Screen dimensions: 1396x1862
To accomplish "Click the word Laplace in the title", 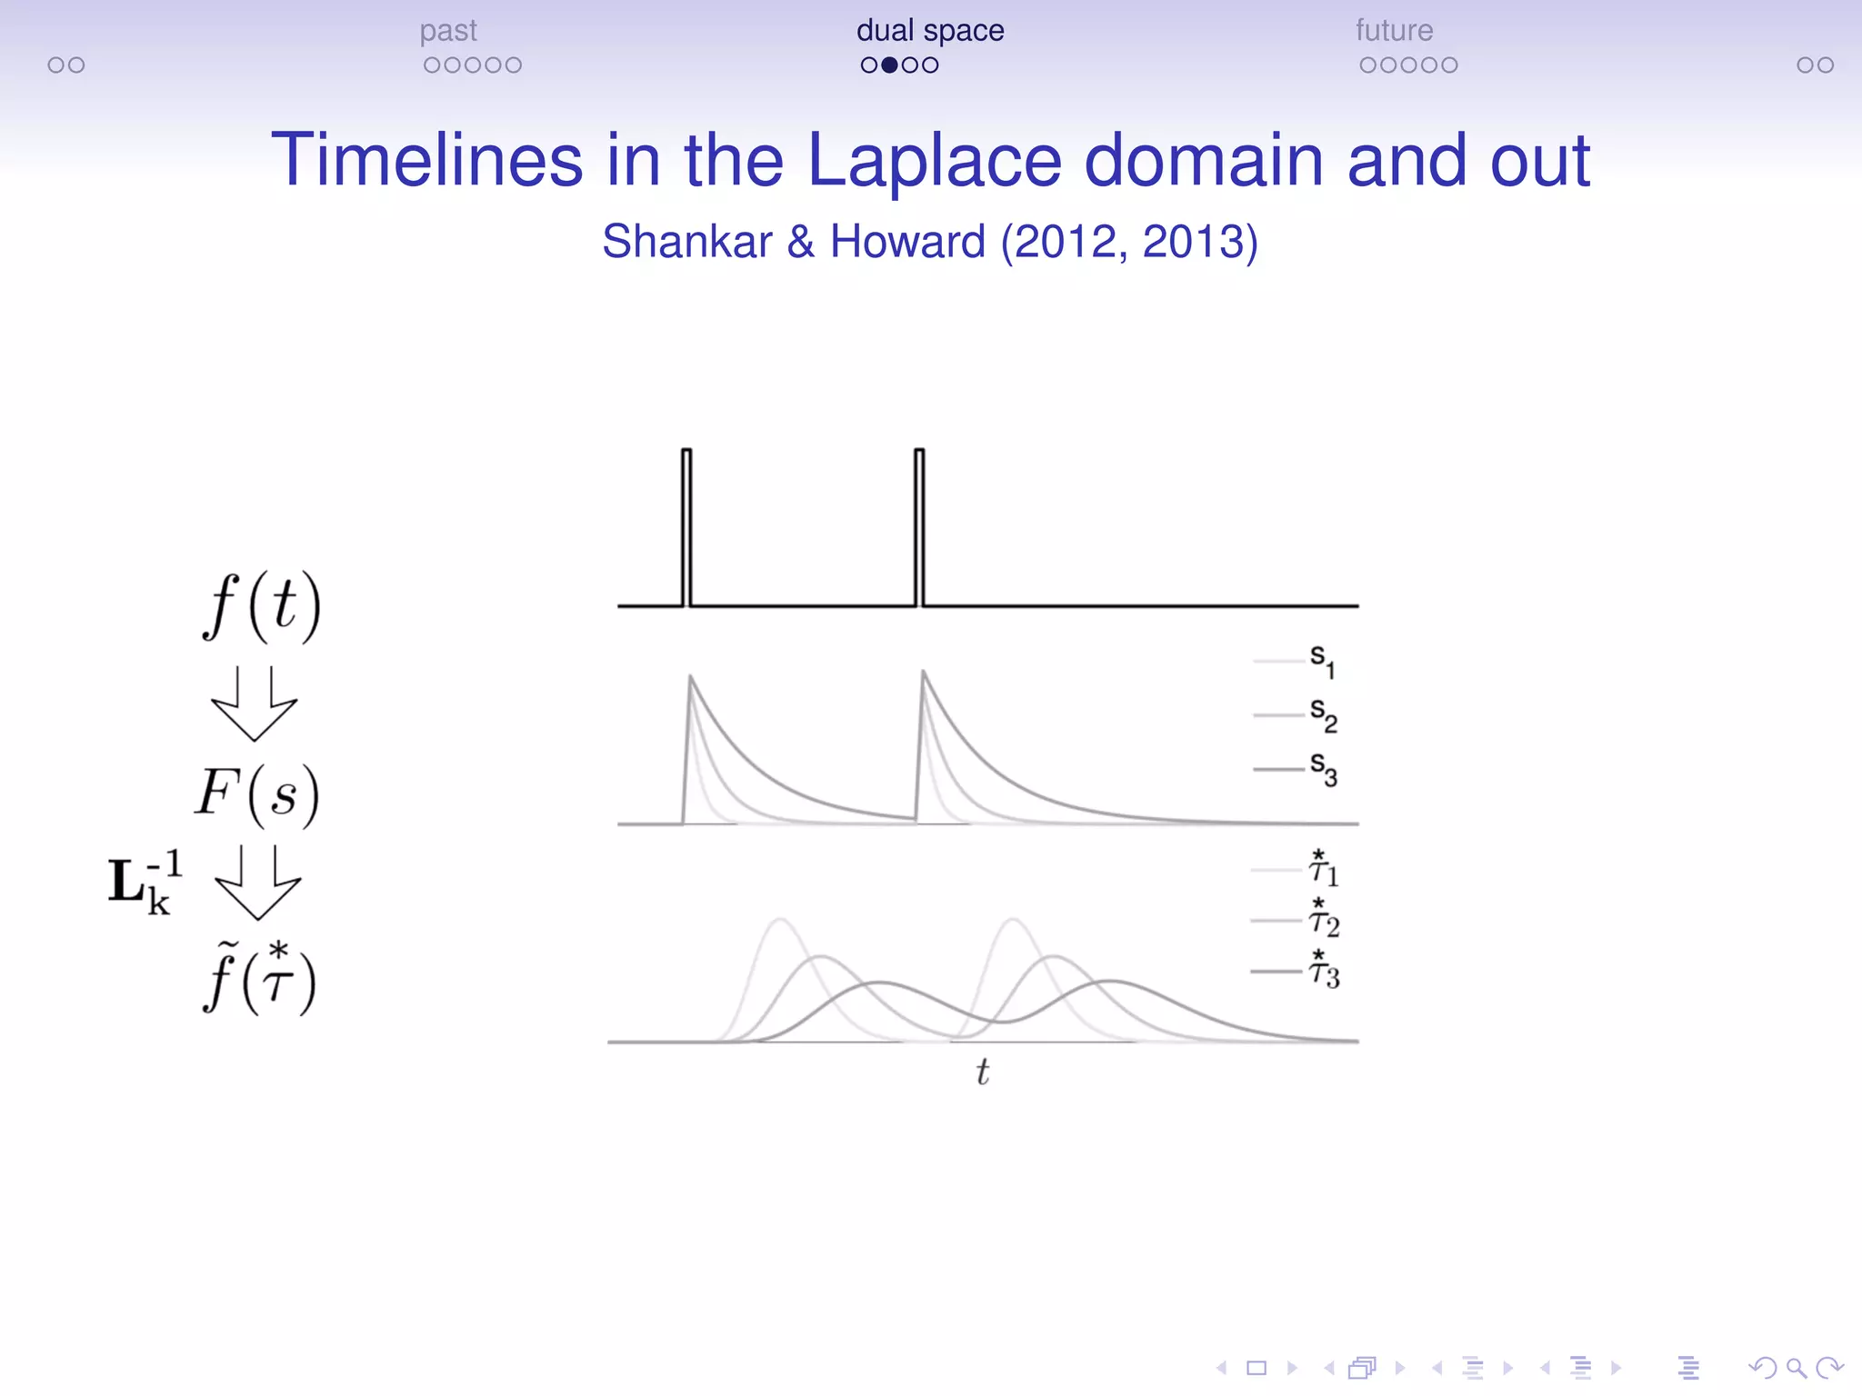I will coord(935,160).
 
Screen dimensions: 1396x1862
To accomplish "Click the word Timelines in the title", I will coord(426,160).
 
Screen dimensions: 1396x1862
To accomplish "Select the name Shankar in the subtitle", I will coord(686,242).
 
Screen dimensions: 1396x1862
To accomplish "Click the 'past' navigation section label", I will coord(448,31).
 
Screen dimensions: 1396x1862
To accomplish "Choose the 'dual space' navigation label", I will coord(930,31).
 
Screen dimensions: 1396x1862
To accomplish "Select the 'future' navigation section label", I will coord(1394,31).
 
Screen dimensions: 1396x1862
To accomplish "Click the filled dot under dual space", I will coord(890,65).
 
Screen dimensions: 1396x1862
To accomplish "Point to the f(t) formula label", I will coord(262,606).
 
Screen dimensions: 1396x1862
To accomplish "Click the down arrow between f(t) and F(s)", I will coord(255,703).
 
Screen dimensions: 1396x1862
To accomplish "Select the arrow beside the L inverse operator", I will coord(258,882).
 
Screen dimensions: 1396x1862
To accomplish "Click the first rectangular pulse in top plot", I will coord(686,527).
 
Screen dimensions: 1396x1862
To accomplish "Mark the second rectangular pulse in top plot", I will coord(919,527).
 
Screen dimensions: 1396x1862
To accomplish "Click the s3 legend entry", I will coord(1322,769).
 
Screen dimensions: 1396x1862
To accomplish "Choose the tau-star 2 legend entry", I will coord(1323,920).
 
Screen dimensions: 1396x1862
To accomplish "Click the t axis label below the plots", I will coord(982,1072).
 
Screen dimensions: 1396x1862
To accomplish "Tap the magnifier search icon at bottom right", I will coord(1796,1368).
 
